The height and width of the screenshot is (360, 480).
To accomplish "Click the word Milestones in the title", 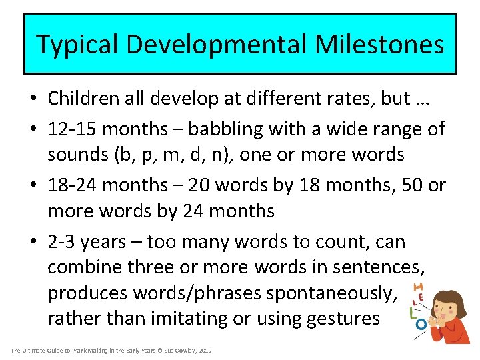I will pyautogui.click(x=379, y=45).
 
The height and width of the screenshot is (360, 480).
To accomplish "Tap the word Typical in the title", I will pyautogui.click(x=78, y=45).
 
